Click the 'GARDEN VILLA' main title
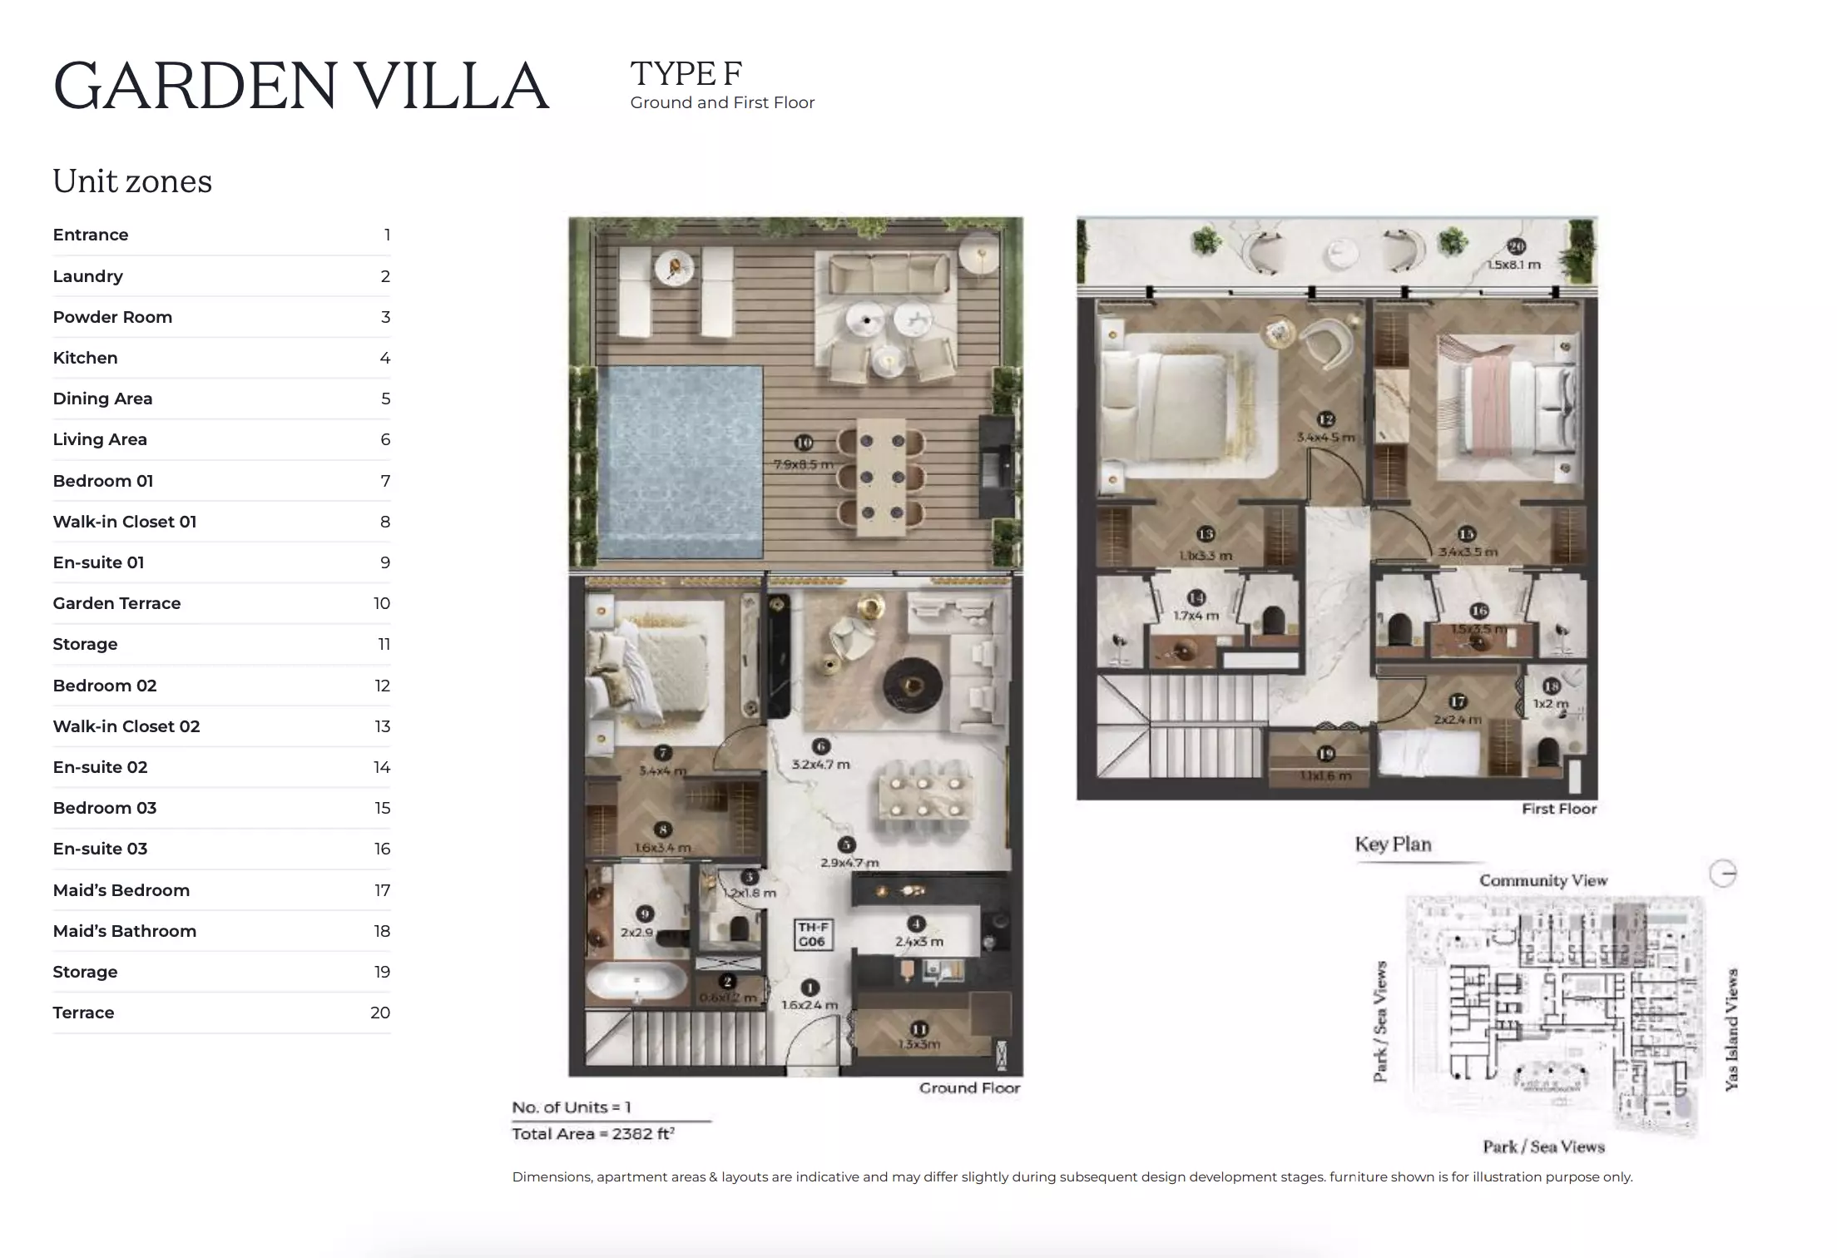tap(301, 86)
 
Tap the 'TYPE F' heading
tap(686, 74)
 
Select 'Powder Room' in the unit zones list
tap(112, 317)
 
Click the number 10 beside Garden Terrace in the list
tap(381, 603)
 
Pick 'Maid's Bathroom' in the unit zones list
tap(124, 931)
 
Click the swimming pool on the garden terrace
tap(680, 462)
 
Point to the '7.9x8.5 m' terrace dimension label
tap(803, 465)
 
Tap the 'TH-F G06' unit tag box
tap(812, 934)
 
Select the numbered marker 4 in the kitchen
tap(916, 924)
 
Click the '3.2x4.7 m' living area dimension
tap(820, 764)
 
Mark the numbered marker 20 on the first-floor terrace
tap(1516, 246)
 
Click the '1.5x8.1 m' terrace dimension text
tap(1513, 265)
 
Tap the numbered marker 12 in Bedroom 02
tap(1325, 419)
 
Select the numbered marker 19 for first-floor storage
tap(1325, 754)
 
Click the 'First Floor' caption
tap(1558, 809)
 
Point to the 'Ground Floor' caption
tap(969, 1088)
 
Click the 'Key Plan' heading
tap(1393, 844)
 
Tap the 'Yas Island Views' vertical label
tap(1732, 1029)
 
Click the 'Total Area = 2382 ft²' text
tap(593, 1134)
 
